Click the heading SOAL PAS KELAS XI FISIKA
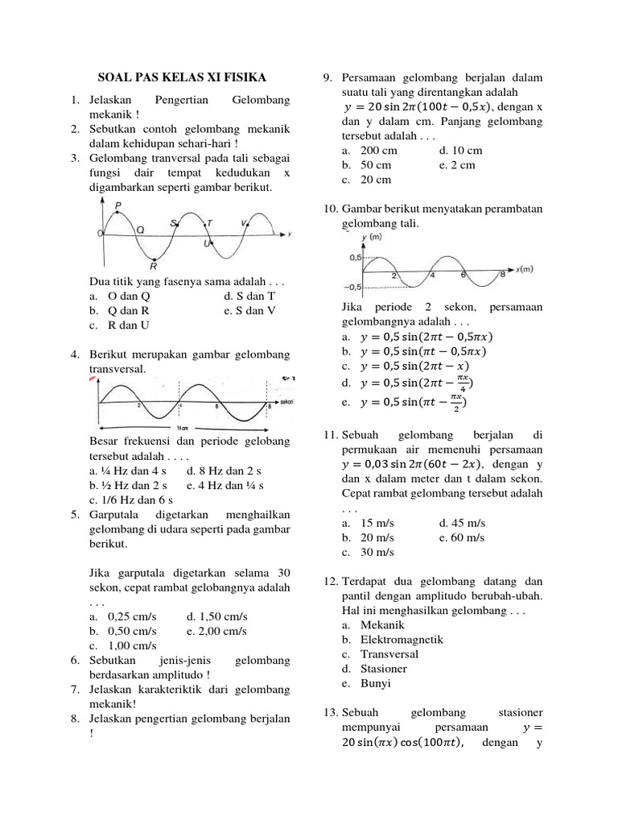[181, 78]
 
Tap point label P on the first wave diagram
[118, 206]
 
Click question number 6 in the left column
[74, 661]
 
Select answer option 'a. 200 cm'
[372, 151]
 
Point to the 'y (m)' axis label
[373, 238]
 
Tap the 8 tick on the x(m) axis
[503, 276]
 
